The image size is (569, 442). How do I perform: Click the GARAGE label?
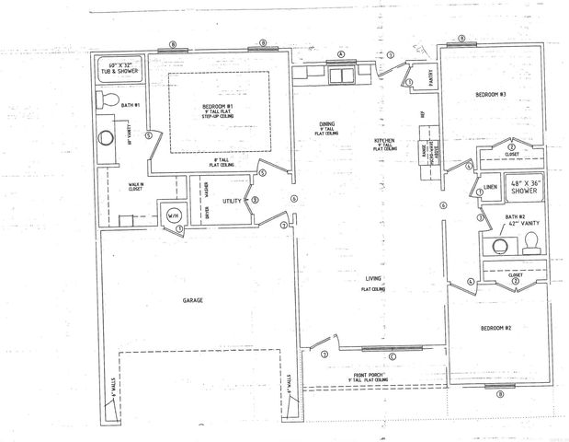[x=192, y=301]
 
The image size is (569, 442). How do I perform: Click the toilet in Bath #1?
[x=107, y=99]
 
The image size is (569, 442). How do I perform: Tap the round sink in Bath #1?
[x=105, y=138]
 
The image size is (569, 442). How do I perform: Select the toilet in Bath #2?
[x=530, y=243]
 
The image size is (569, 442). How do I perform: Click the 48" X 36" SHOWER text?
[x=525, y=187]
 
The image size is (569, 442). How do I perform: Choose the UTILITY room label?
[x=231, y=200]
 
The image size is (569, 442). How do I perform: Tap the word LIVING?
[x=372, y=279]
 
